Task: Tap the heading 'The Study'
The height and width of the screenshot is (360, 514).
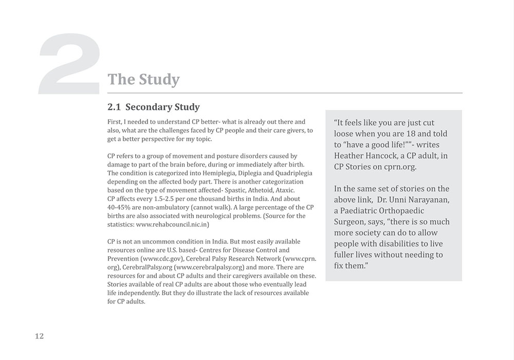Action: pyautogui.click(x=143, y=79)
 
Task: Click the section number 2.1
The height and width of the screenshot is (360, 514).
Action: pyautogui.click(x=114, y=107)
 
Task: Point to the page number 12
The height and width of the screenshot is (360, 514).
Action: pyautogui.click(x=40, y=336)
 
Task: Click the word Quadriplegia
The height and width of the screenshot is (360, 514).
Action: pyautogui.click(x=293, y=173)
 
